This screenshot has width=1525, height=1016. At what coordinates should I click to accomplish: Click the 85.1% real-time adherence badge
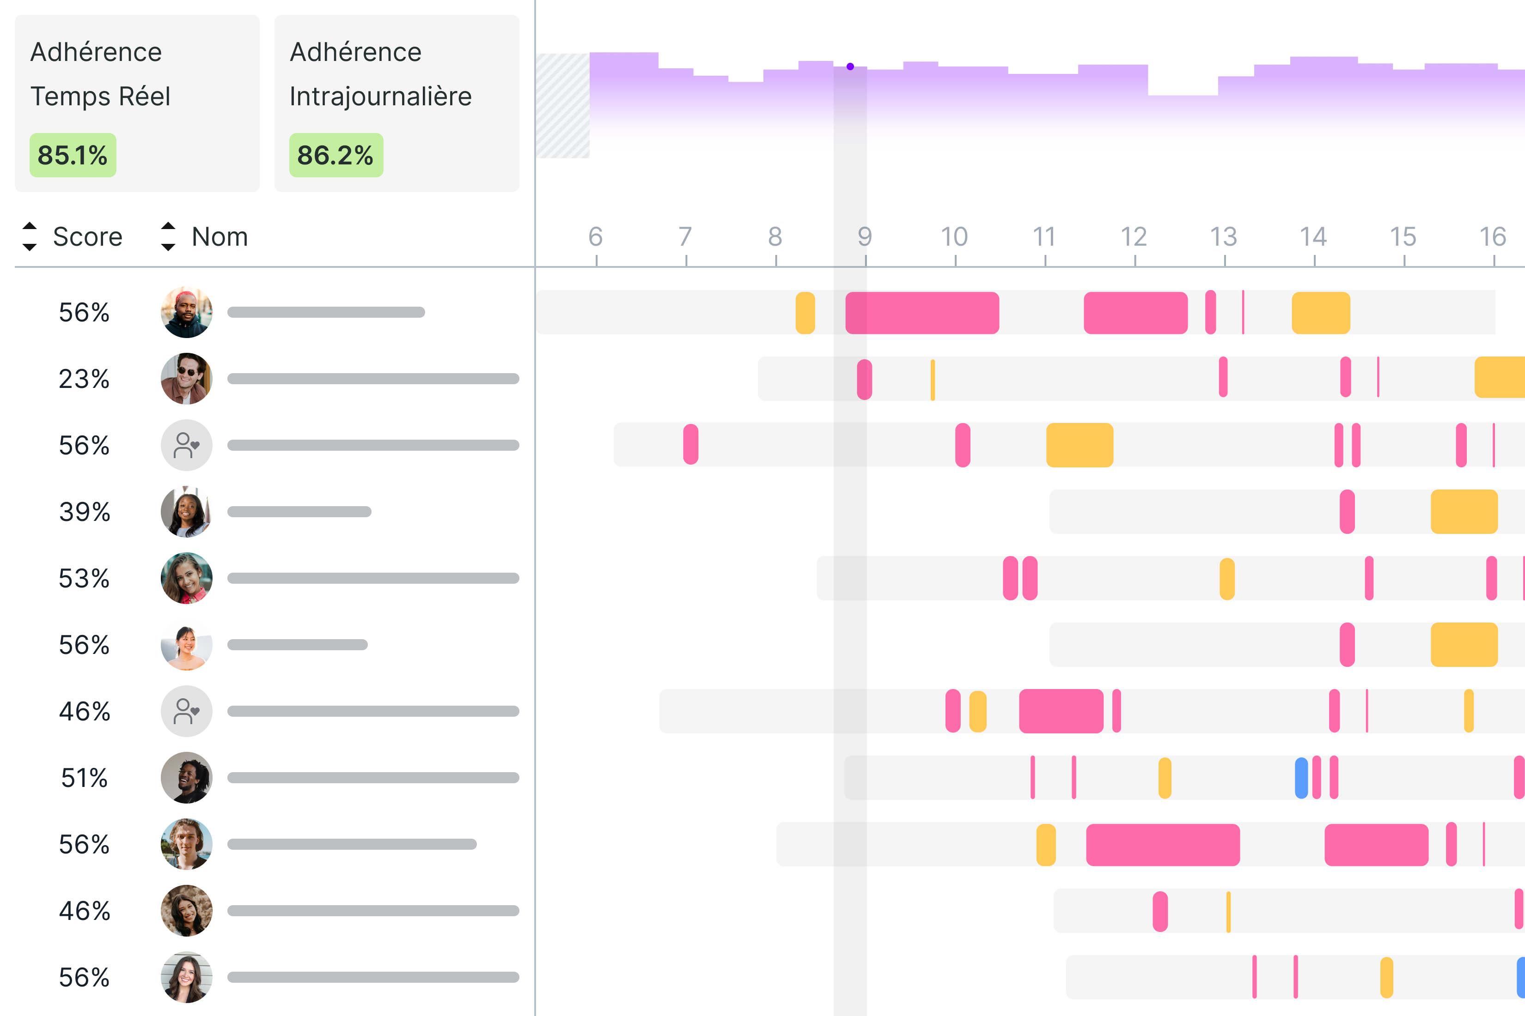(73, 156)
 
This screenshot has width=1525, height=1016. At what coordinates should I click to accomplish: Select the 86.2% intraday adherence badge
(336, 156)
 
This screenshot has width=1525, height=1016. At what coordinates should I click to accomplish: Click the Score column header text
(87, 237)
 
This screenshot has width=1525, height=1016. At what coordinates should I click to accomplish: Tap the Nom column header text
(220, 237)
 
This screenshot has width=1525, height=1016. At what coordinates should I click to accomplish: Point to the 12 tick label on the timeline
(1134, 237)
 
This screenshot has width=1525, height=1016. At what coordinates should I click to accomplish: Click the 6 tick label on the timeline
(595, 237)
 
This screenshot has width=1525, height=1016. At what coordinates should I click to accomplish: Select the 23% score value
(84, 379)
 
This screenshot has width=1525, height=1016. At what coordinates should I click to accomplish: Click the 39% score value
(84, 512)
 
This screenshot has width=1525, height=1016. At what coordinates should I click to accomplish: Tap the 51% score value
(84, 778)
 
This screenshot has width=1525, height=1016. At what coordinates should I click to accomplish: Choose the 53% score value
(84, 579)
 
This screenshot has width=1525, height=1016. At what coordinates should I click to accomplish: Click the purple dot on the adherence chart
(850, 67)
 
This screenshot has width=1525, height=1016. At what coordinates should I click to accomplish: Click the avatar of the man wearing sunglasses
(187, 379)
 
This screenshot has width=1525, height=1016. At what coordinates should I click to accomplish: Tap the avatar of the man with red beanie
(187, 312)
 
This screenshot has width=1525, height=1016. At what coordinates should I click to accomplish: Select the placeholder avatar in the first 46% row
(187, 712)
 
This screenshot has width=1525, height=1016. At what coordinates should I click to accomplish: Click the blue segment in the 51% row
(1301, 778)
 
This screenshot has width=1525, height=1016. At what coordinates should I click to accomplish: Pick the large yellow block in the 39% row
(1464, 512)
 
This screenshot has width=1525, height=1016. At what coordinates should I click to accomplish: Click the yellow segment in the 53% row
(1227, 579)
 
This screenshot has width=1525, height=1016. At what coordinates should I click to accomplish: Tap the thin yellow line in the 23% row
(933, 380)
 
